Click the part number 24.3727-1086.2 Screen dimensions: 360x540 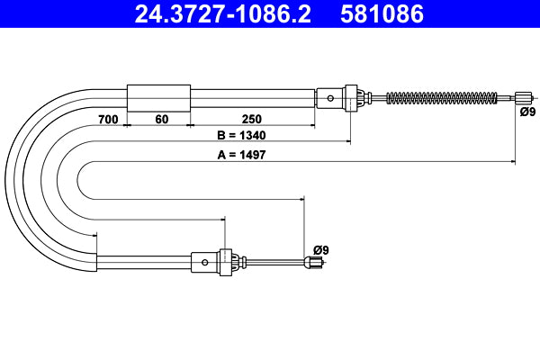click(210, 14)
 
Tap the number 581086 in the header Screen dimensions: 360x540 click(381, 14)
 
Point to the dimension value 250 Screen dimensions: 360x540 click(251, 118)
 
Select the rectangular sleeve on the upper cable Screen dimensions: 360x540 click(158, 97)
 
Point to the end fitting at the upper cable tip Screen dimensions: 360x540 click(524, 97)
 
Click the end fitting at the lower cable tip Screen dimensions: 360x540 click(313, 263)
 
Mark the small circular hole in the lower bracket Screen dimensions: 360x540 click(206, 263)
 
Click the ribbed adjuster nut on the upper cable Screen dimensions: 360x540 click(358, 97)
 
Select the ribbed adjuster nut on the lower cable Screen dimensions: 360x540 click(237, 263)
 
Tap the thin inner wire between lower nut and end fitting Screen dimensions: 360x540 click(274, 263)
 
